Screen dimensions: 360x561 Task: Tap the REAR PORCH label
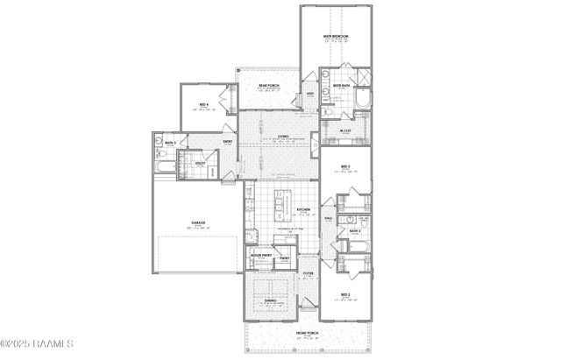pyautogui.click(x=267, y=84)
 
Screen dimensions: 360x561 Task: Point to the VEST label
pyautogui.click(x=310, y=94)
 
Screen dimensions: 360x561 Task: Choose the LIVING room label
pyautogui.click(x=283, y=137)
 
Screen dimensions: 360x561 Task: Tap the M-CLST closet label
pyautogui.click(x=344, y=131)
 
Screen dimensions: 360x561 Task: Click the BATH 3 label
pyautogui.click(x=170, y=142)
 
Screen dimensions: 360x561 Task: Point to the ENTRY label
pyautogui.click(x=227, y=142)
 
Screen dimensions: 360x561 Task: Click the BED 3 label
pyautogui.click(x=344, y=166)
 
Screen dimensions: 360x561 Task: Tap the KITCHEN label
pyautogui.click(x=303, y=210)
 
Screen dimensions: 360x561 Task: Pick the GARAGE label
pyautogui.click(x=197, y=223)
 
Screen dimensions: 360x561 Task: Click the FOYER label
pyautogui.click(x=309, y=273)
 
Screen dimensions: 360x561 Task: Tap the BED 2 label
pyautogui.click(x=344, y=294)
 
